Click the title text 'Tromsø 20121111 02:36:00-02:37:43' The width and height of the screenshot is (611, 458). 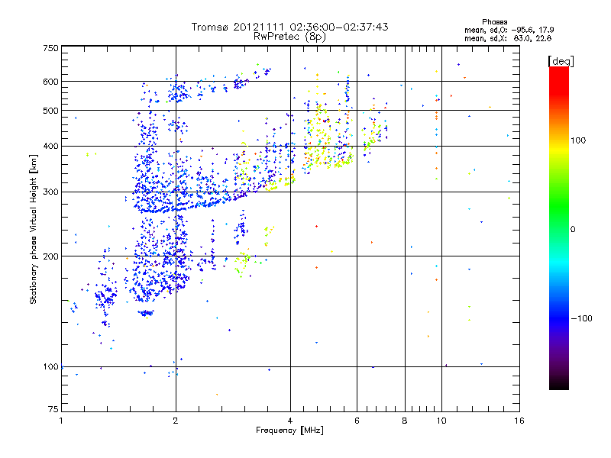pos(289,27)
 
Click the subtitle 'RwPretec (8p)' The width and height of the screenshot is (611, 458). pos(289,36)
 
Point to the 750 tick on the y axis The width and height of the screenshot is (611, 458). pos(50,47)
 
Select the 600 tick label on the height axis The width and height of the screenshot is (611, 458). pos(50,81)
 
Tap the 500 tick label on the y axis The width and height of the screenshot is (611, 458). pos(50,111)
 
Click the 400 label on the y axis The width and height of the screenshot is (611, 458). pos(50,146)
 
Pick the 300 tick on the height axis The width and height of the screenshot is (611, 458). pos(50,192)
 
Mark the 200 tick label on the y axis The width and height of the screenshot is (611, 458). pos(50,256)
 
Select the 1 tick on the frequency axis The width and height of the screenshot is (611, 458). pos(61,421)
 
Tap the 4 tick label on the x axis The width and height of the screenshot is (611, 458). pos(290,421)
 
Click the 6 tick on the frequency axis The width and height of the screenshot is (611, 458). pos(357,421)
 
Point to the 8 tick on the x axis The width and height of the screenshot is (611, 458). pos(405,421)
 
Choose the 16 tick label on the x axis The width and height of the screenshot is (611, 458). pos(519,421)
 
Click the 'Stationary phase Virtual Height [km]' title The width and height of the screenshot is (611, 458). pos(34,229)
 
